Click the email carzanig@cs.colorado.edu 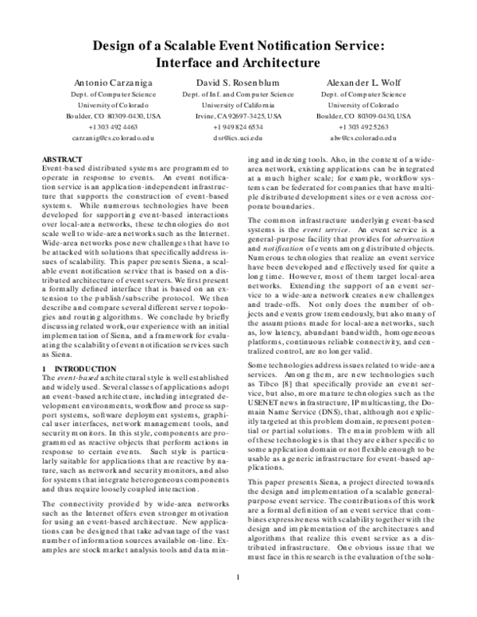pyautogui.click(x=101, y=137)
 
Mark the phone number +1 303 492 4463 pyautogui.click(x=101, y=126)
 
